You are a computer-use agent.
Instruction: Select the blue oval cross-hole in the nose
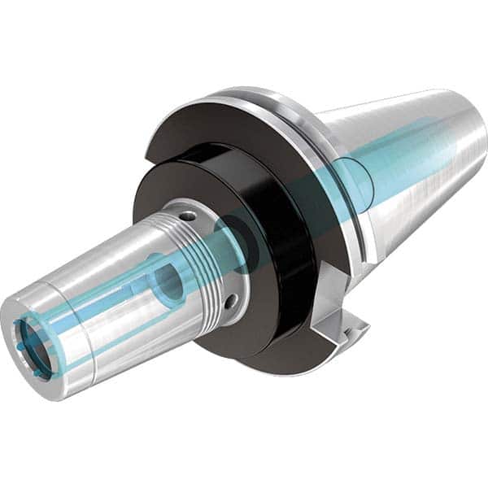click(168, 281)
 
